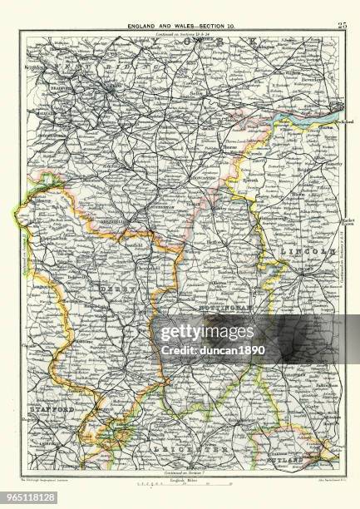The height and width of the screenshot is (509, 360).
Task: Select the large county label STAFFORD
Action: click(x=49, y=411)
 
